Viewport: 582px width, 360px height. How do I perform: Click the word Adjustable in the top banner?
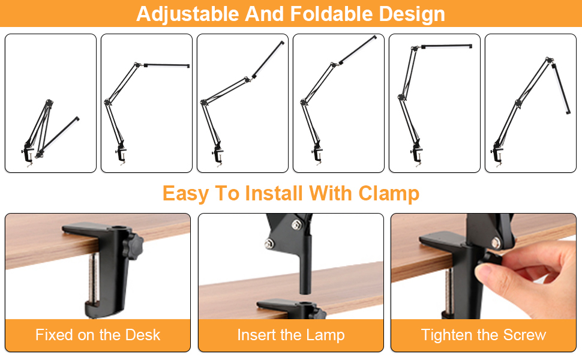coord(187,14)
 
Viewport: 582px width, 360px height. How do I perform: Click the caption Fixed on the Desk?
coord(98,335)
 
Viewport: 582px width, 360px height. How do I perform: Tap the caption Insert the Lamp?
coord(291,335)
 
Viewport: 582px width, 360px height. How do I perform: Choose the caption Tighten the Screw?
coord(483,335)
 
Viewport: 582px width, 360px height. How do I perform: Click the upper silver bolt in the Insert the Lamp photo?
coord(296,224)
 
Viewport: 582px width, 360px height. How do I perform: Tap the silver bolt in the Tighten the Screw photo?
coord(496,242)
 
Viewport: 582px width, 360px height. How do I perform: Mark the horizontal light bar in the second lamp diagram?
coord(167,65)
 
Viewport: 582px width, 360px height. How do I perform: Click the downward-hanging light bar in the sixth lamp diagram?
coord(560,88)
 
